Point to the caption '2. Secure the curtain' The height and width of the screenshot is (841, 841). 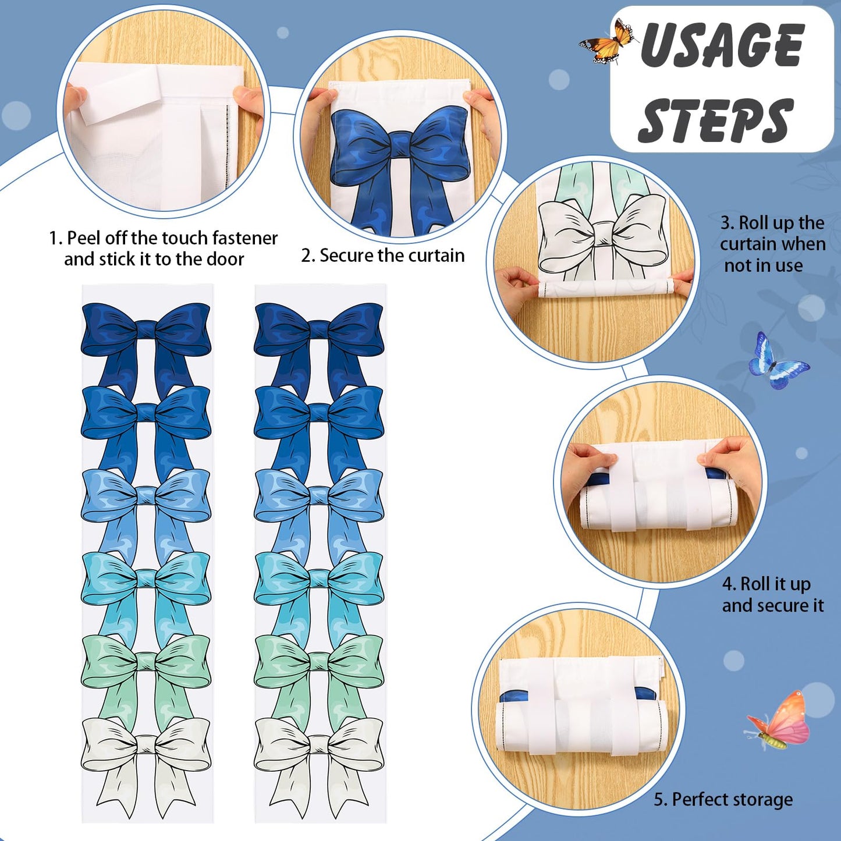(383, 256)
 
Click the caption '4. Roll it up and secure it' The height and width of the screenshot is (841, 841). (772, 594)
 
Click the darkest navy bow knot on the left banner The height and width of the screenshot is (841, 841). (146, 328)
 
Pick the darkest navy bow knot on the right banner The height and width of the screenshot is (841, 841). (318, 328)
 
